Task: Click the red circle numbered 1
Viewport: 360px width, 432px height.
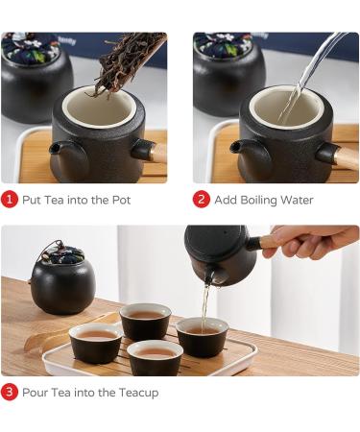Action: click(10, 200)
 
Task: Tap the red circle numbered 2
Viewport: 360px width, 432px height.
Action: click(202, 200)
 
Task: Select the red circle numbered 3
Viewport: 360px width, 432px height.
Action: click(10, 392)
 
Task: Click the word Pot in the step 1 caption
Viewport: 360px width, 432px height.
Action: click(118, 200)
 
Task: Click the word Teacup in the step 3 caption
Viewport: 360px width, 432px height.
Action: click(137, 392)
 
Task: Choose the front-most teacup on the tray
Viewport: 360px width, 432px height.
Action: click(156, 357)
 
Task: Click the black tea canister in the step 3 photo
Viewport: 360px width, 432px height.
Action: click(62, 283)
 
